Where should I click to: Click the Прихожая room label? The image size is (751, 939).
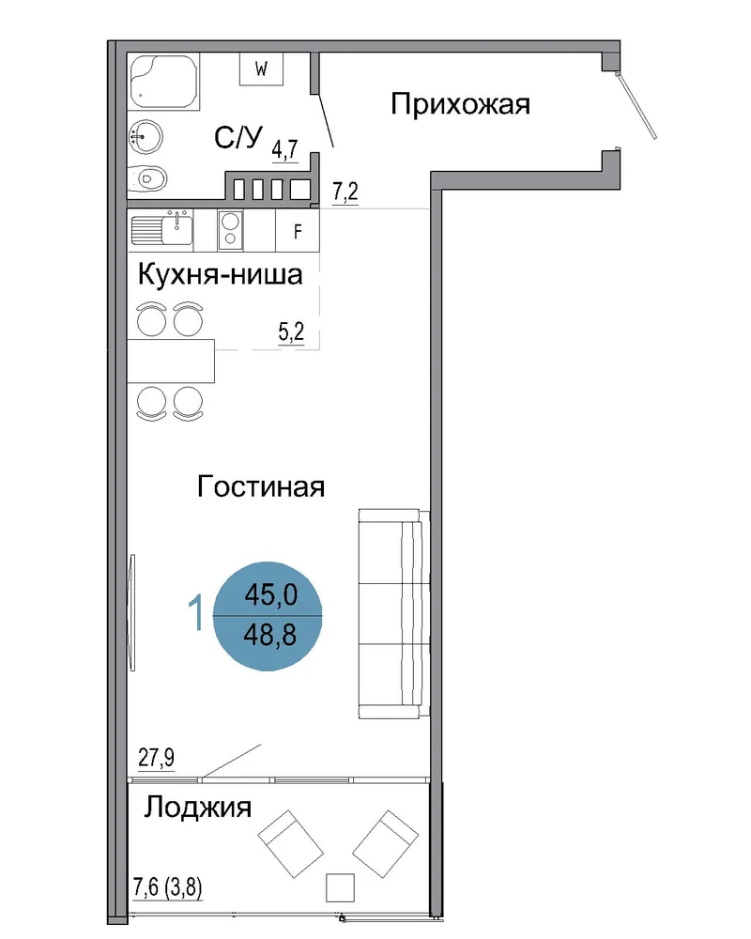[460, 104]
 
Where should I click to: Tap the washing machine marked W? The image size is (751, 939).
[261, 69]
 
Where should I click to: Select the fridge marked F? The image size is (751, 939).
[297, 231]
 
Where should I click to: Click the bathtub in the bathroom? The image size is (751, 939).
[164, 82]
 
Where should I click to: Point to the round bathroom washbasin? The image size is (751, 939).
[145, 137]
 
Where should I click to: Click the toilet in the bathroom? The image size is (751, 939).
[146, 177]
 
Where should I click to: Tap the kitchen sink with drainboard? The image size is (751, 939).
[161, 230]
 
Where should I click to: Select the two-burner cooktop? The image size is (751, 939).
[230, 230]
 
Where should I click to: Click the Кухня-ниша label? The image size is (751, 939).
[220, 275]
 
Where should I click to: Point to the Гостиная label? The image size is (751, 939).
[261, 486]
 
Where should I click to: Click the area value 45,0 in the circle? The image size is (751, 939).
[270, 595]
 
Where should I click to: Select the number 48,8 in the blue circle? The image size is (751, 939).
[270, 634]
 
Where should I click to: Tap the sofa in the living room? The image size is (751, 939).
[394, 613]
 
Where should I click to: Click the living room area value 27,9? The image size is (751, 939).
[157, 758]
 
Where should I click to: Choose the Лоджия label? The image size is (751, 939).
[198, 808]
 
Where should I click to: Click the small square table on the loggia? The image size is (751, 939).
[340, 887]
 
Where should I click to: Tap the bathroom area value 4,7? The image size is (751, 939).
[285, 149]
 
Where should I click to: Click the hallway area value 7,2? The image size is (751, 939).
[345, 192]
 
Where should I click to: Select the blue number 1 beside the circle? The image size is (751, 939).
[196, 612]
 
